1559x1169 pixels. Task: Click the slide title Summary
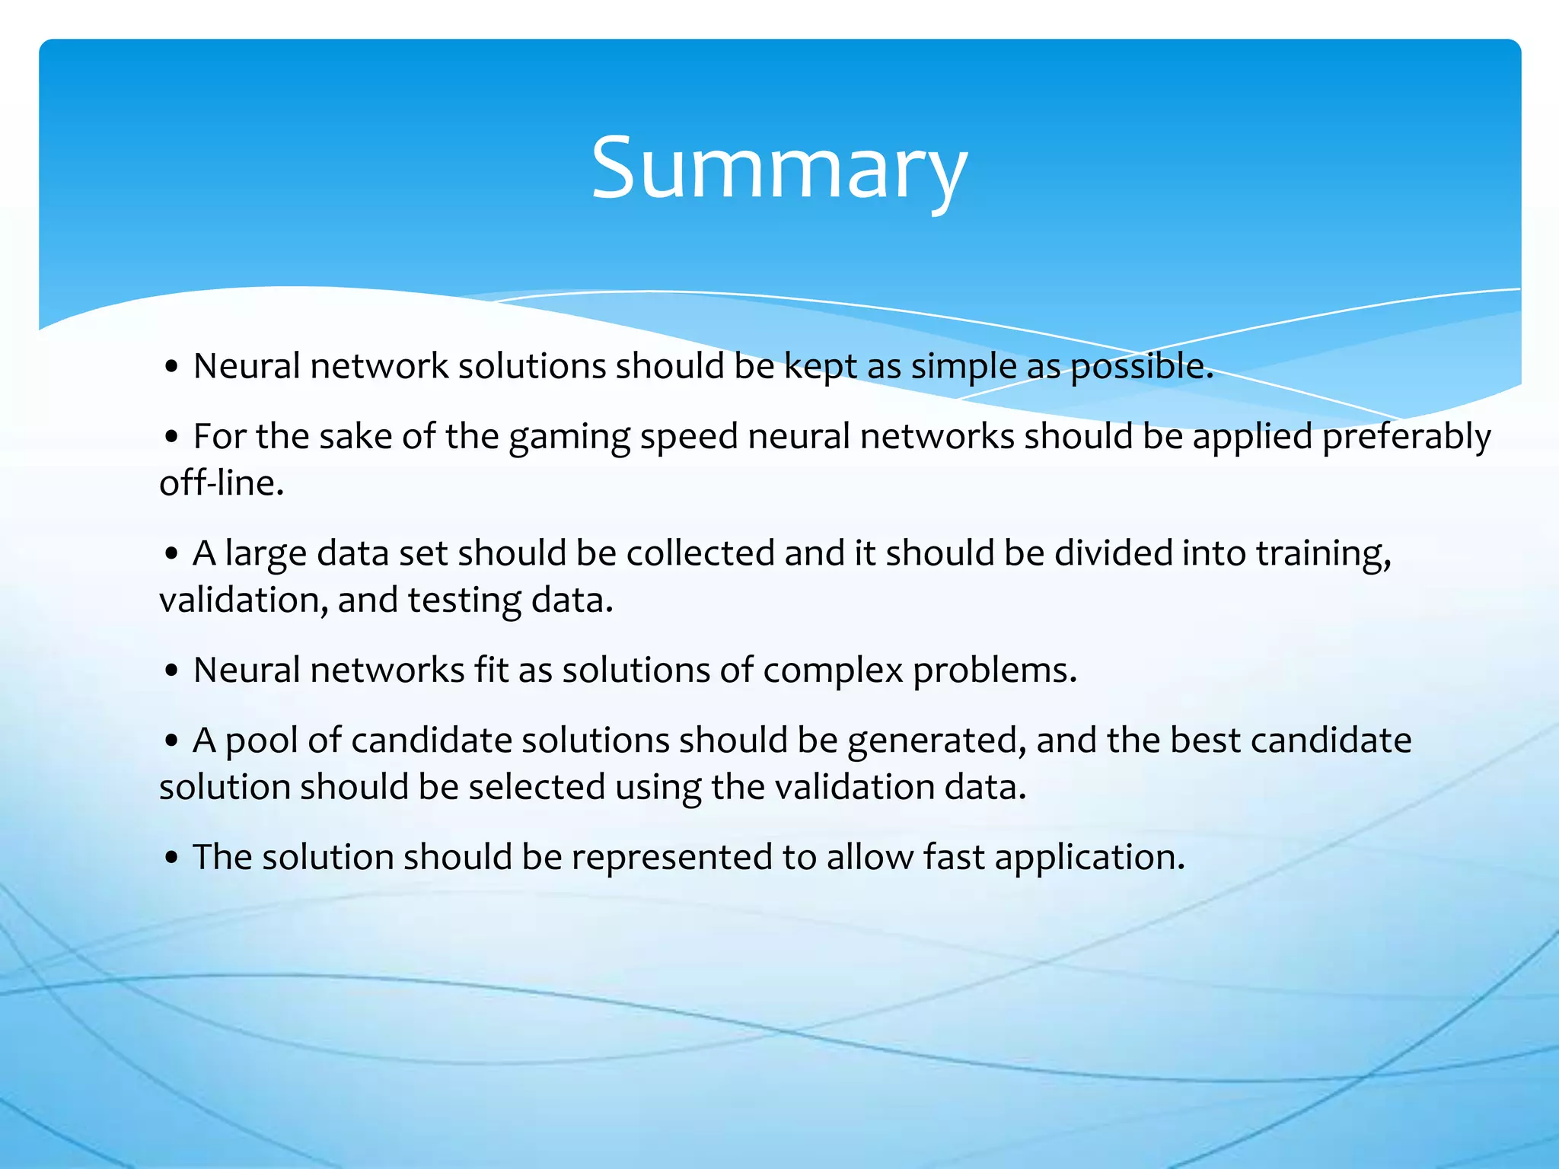779,169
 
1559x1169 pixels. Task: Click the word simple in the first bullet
964,366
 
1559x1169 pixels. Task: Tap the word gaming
569,437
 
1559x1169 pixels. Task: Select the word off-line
221,483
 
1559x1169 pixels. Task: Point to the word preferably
1406,437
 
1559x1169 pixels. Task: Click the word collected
700,553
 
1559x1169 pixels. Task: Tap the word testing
464,600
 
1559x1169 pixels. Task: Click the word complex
833,671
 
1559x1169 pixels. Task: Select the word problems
995,671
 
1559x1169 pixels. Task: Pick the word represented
672,857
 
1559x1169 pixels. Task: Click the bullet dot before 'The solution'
171,858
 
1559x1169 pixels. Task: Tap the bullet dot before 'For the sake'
171,438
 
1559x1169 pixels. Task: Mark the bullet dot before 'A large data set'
171,554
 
